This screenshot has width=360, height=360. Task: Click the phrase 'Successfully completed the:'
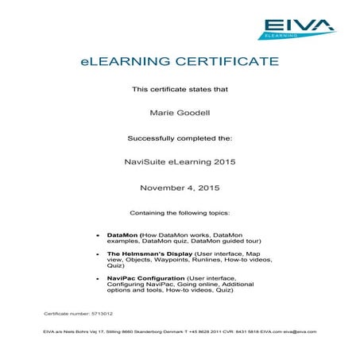pos(179,137)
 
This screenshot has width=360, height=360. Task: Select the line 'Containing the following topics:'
pos(179,213)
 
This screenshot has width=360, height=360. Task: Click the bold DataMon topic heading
pos(122,235)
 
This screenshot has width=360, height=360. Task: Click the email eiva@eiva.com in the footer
pos(300,331)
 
